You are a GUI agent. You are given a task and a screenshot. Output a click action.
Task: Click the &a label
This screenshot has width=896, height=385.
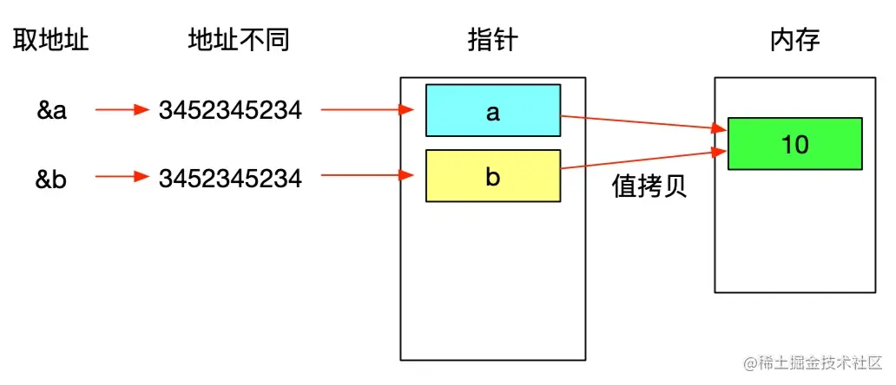click(52, 111)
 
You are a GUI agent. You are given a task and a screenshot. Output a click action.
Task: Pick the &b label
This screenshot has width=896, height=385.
click(52, 179)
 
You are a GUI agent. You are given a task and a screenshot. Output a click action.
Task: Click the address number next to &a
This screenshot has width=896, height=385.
click(230, 111)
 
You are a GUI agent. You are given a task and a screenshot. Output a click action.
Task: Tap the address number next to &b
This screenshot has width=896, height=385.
click(230, 179)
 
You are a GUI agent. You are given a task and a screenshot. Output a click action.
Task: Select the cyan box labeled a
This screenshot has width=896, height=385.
click(492, 111)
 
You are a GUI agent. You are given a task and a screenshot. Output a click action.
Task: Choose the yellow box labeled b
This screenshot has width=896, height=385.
click(492, 176)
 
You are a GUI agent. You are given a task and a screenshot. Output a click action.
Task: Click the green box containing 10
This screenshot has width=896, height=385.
click(794, 143)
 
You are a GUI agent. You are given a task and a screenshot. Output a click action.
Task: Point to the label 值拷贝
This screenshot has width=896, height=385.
click(649, 188)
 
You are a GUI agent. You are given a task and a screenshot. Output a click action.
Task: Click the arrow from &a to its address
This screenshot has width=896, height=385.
click(122, 111)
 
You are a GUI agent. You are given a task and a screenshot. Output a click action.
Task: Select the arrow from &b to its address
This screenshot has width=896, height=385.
click(122, 179)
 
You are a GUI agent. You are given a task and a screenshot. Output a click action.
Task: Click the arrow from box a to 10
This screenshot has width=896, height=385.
click(642, 122)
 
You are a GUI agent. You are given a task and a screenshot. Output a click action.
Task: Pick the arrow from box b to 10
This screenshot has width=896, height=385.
click(642, 160)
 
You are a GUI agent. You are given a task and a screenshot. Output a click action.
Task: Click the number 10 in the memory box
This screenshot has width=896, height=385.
click(794, 144)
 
